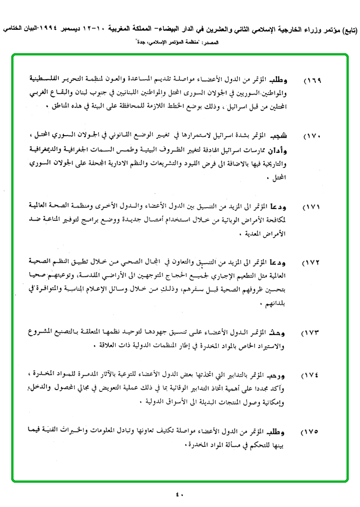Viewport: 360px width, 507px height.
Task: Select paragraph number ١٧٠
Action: pyautogui.click(x=312, y=137)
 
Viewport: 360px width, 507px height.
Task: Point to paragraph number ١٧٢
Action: pyautogui.click(x=312, y=264)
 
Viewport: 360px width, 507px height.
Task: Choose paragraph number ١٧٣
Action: pyautogui.click(x=312, y=334)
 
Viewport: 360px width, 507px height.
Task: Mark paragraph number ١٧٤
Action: pyautogui.click(x=312, y=376)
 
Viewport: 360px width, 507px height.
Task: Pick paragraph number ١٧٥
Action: pyautogui.click(x=312, y=432)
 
